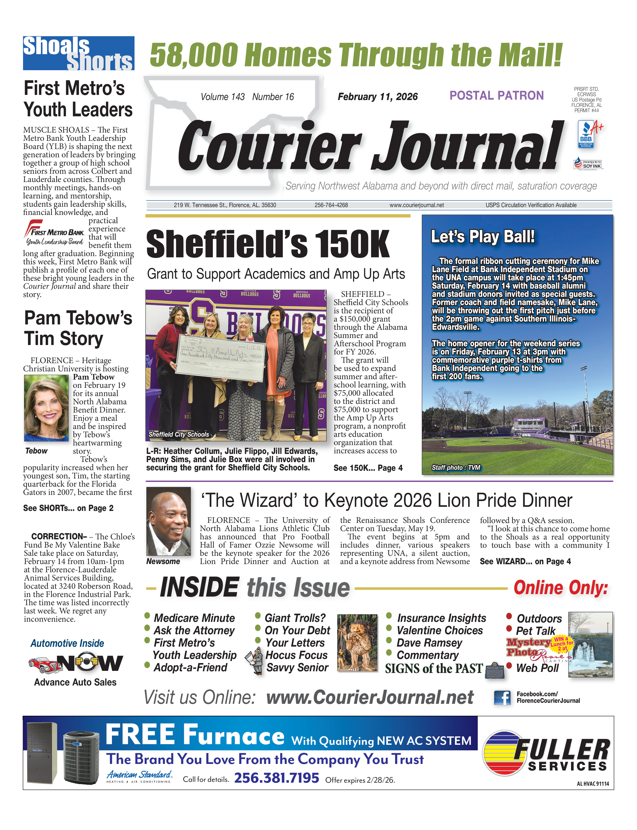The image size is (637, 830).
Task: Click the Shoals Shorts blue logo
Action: (x=78, y=53)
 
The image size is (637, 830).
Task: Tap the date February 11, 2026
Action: (x=377, y=97)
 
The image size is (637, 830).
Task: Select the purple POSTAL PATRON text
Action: (x=496, y=96)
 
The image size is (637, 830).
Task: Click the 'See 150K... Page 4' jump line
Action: (x=368, y=468)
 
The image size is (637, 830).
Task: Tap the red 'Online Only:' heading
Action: (x=560, y=588)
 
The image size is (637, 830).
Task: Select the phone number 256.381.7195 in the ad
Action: (x=276, y=778)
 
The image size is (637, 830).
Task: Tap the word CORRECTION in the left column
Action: (x=59, y=536)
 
